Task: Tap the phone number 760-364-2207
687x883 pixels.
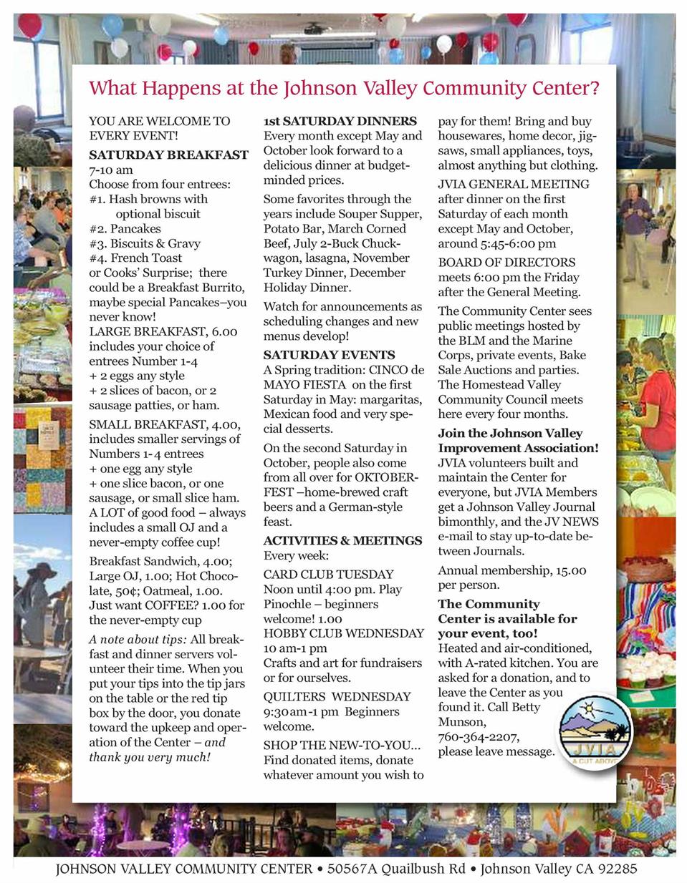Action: click(x=479, y=737)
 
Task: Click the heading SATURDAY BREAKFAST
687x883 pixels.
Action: click(x=168, y=155)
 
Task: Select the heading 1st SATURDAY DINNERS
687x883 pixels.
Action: click(x=340, y=121)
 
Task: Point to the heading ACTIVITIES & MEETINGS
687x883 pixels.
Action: click(x=342, y=540)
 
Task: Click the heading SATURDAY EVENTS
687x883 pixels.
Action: click(x=329, y=355)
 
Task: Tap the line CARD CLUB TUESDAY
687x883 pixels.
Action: click(x=328, y=574)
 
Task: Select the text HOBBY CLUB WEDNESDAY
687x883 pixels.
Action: click(x=343, y=633)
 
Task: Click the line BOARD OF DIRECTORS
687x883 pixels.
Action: click(x=506, y=263)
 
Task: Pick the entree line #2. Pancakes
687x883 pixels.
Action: click(x=125, y=229)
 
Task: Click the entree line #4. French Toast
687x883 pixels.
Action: click(x=135, y=258)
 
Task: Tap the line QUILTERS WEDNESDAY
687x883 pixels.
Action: click(x=337, y=696)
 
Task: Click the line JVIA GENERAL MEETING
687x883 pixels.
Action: click(x=514, y=185)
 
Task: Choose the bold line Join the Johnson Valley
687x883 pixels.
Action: click(x=510, y=434)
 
